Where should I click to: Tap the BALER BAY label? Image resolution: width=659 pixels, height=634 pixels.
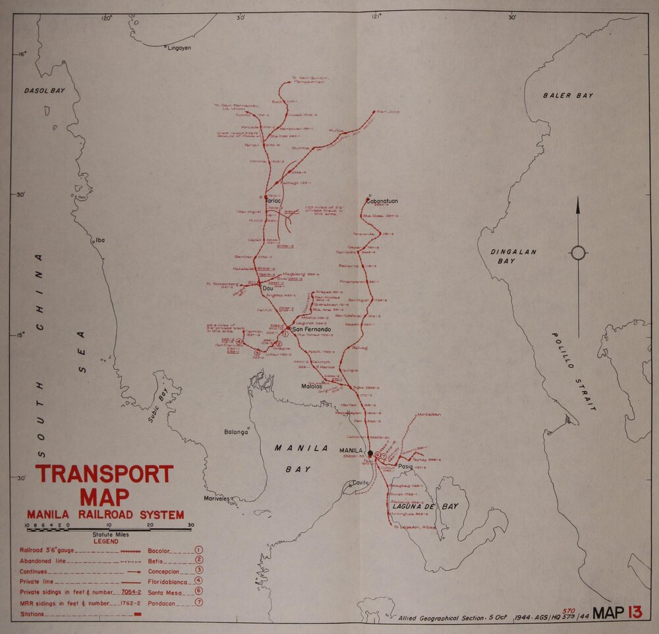[567, 96]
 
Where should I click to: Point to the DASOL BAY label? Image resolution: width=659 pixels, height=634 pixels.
[44, 90]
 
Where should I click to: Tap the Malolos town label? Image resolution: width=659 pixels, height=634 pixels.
[312, 386]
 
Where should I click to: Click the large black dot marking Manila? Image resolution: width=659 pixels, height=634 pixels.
[370, 454]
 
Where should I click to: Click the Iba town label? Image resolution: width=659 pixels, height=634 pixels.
[100, 240]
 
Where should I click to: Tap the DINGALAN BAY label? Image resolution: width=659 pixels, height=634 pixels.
[515, 257]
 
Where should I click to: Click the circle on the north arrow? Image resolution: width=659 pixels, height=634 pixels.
[578, 253]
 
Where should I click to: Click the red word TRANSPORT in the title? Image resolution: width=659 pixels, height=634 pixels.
[104, 475]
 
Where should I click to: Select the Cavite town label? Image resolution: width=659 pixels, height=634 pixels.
[360, 483]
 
